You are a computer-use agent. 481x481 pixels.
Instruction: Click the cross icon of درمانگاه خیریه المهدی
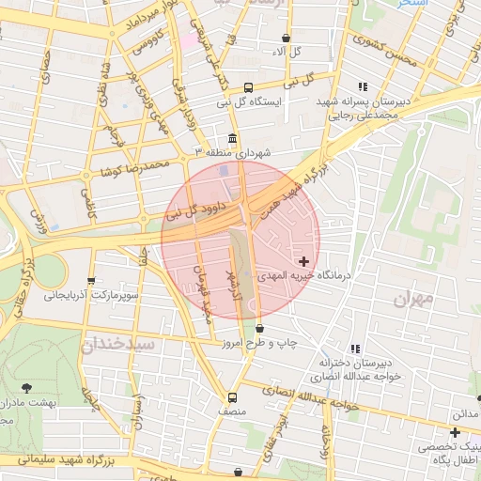(x=303, y=260)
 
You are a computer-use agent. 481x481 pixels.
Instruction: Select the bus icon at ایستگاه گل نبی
(x=248, y=85)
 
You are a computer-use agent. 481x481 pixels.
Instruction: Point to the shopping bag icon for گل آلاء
(x=286, y=39)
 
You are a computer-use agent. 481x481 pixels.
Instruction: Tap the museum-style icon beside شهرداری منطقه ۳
(x=232, y=138)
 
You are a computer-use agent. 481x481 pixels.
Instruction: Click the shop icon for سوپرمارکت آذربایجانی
(x=91, y=280)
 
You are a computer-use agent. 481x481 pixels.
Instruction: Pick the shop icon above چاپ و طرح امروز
(x=259, y=329)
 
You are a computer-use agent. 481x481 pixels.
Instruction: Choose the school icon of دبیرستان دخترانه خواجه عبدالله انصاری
(x=354, y=348)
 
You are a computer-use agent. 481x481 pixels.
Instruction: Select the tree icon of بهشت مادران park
(x=25, y=388)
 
